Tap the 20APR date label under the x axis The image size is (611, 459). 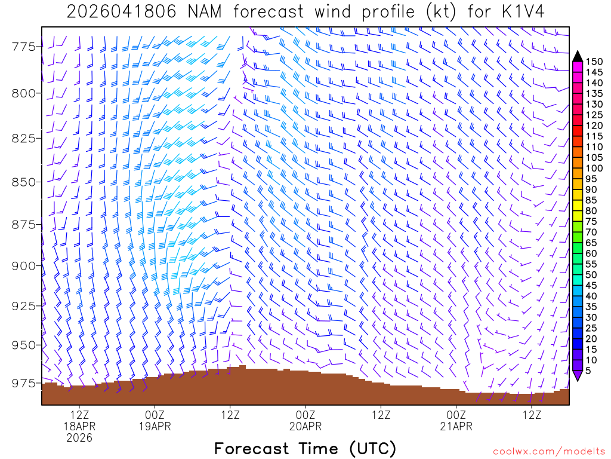305,426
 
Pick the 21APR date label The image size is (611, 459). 456,426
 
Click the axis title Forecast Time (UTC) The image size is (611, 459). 305,448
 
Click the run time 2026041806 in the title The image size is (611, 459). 121,12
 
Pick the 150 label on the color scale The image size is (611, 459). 594,62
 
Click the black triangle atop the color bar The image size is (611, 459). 578,56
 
